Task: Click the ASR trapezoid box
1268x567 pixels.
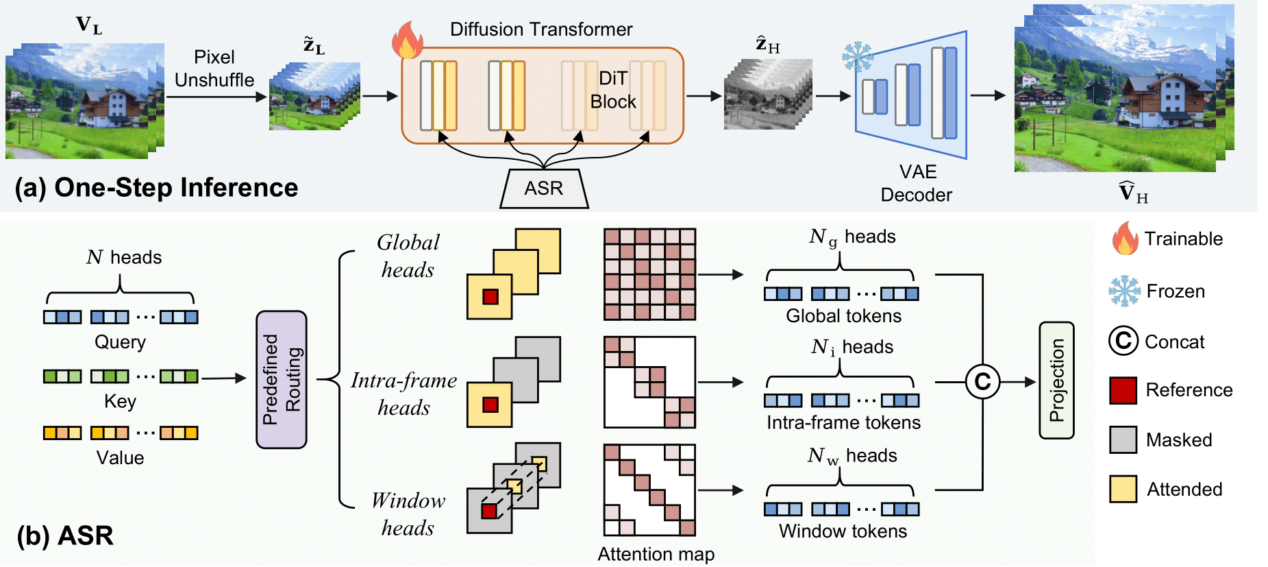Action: (544, 189)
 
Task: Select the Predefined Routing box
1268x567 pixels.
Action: (282, 380)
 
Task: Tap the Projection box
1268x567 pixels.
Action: (1056, 381)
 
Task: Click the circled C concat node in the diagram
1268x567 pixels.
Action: (982, 382)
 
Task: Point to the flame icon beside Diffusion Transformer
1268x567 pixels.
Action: (407, 40)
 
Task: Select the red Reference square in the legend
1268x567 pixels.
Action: (1123, 390)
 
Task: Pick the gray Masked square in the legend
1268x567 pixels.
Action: (1123, 439)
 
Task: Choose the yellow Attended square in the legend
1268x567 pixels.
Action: (1123, 489)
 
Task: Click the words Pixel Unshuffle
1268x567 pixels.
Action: (214, 69)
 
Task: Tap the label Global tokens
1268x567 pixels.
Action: (843, 316)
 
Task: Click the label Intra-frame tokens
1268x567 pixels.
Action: (843, 422)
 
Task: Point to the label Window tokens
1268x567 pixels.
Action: (843, 531)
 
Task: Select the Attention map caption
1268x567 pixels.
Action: (656, 554)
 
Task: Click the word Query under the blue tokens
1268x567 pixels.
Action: (120, 342)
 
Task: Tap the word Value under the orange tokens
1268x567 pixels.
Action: (120, 458)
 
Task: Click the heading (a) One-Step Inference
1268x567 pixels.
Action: (156, 188)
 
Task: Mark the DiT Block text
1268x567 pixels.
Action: (612, 90)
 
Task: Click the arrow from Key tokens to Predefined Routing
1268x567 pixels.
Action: (223, 378)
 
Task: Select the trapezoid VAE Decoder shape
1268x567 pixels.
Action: (911, 95)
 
